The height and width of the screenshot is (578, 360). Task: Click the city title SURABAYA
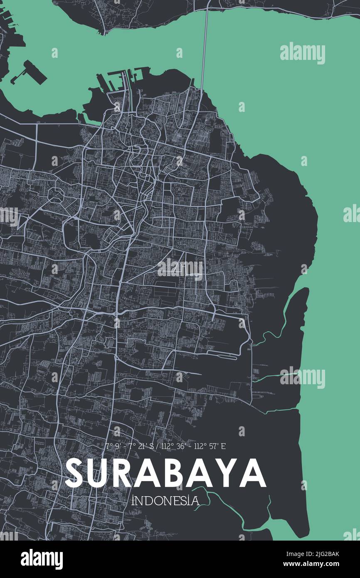(165, 473)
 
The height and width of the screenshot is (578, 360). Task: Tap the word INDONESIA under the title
(165, 501)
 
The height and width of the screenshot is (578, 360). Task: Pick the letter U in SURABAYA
(102, 473)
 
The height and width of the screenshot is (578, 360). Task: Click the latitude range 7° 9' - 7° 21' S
(129, 447)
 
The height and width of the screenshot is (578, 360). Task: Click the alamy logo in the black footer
(42, 559)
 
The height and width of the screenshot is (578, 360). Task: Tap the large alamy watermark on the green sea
(302, 53)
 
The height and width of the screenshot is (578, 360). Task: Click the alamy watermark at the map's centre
(180, 269)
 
